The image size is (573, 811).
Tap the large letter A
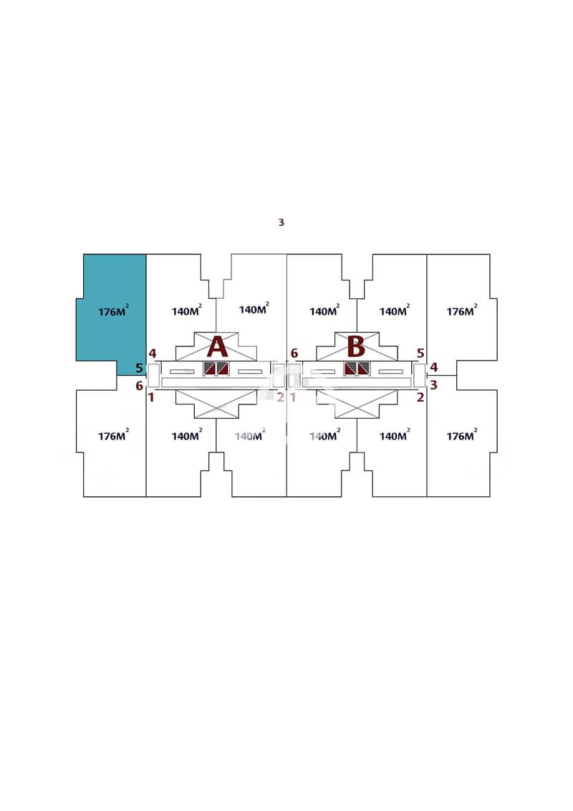pos(217,346)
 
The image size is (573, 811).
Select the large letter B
pos(356,346)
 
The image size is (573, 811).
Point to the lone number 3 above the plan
pos(281,222)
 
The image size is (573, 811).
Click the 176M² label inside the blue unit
pos(113,311)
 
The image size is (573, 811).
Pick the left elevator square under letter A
pos(209,369)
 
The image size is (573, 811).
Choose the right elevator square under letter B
pos(364,369)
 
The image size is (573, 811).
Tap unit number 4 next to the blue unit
pos(153,354)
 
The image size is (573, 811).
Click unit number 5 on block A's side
pos(139,369)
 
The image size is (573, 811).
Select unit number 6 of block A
pos(139,386)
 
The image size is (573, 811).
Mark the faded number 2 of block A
pos(281,397)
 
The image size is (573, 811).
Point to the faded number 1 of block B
pos(293,397)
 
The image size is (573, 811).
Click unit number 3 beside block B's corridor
pos(433,385)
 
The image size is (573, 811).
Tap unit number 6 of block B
pos(294,354)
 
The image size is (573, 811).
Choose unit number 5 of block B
pos(420,354)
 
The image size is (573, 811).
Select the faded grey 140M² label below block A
pos(250,435)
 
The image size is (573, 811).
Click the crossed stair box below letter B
pos(357,404)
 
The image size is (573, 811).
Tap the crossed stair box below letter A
pos(216,404)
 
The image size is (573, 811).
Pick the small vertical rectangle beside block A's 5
pos(153,375)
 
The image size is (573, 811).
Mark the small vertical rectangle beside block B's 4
pos(419,375)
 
